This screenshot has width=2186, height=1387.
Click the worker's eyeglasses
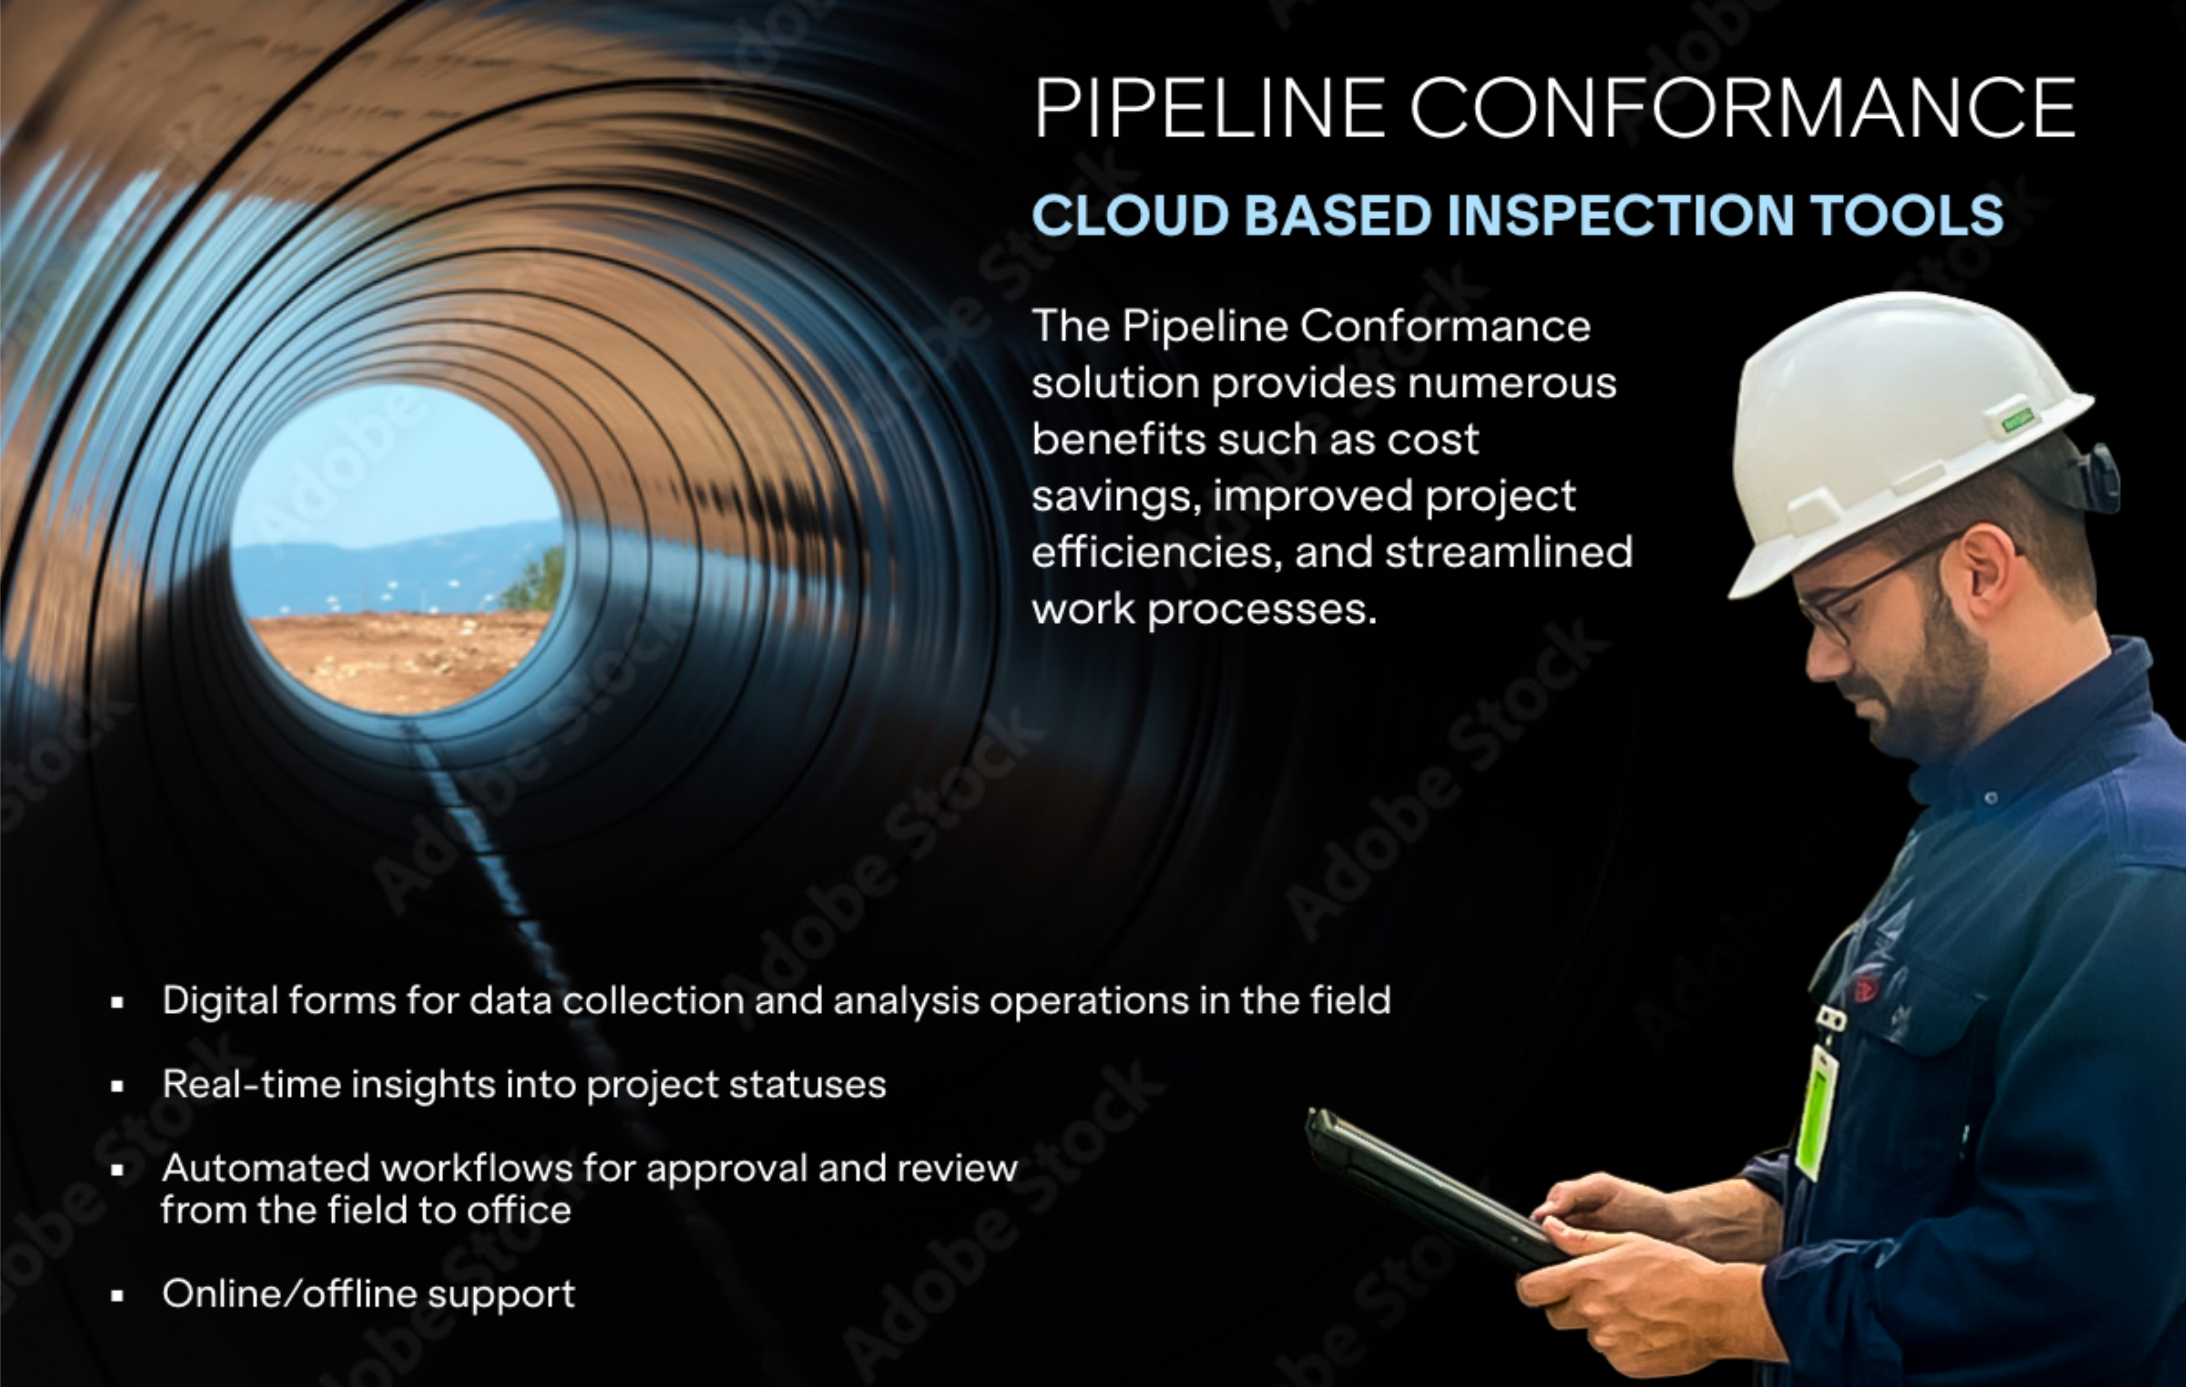(x=1870, y=595)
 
